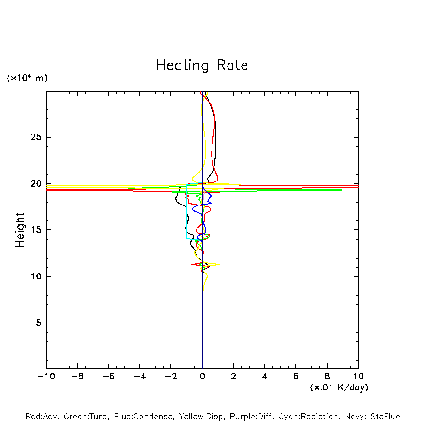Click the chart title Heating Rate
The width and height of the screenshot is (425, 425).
click(202, 65)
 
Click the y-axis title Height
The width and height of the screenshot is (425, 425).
click(20, 230)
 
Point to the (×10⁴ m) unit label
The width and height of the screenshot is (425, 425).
click(27, 78)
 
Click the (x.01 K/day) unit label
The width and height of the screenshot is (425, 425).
click(338, 387)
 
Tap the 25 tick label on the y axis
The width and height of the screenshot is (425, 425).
click(37, 137)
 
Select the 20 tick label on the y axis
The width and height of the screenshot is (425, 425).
click(37, 183)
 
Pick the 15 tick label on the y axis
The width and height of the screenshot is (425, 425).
click(37, 230)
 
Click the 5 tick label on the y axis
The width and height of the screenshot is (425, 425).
click(39, 323)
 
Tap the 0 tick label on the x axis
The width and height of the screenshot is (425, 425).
click(202, 377)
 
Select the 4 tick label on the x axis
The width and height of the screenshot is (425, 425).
click(265, 377)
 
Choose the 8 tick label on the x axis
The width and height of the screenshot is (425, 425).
click(327, 377)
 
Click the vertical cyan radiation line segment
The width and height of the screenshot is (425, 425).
click(186, 212)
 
